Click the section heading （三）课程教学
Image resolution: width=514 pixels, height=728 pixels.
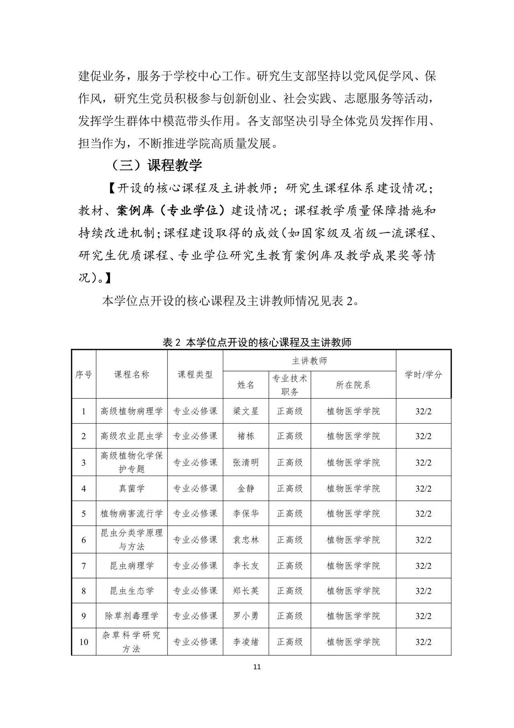click(156, 165)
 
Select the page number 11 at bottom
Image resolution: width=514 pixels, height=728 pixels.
click(257, 667)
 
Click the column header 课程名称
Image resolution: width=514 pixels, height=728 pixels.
click(132, 374)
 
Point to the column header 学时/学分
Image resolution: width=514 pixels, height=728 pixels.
click(423, 374)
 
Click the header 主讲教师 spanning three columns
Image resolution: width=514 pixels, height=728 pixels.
click(309, 361)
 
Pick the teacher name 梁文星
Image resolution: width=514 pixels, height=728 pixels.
click(246, 411)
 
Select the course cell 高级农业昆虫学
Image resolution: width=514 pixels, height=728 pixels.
click(132, 436)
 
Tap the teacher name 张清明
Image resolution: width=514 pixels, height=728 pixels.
click(246, 463)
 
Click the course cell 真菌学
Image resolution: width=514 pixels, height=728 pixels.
click(132, 488)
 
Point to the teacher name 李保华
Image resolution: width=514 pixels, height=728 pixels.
click(246, 514)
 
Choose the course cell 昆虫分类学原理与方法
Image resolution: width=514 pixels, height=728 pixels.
click(132, 539)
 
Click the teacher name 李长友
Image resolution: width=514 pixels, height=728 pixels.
click(246, 566)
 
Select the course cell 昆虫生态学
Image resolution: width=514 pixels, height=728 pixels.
click(132, 591)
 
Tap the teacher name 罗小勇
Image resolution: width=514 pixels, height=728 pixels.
click(246, 616)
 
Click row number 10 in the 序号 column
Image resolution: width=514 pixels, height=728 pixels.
click(84, 642)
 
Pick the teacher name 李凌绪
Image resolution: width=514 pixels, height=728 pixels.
click(246, 642)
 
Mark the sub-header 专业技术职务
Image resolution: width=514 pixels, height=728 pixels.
click(290, 385)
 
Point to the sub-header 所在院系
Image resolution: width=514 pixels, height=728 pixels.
click(353, 385)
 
